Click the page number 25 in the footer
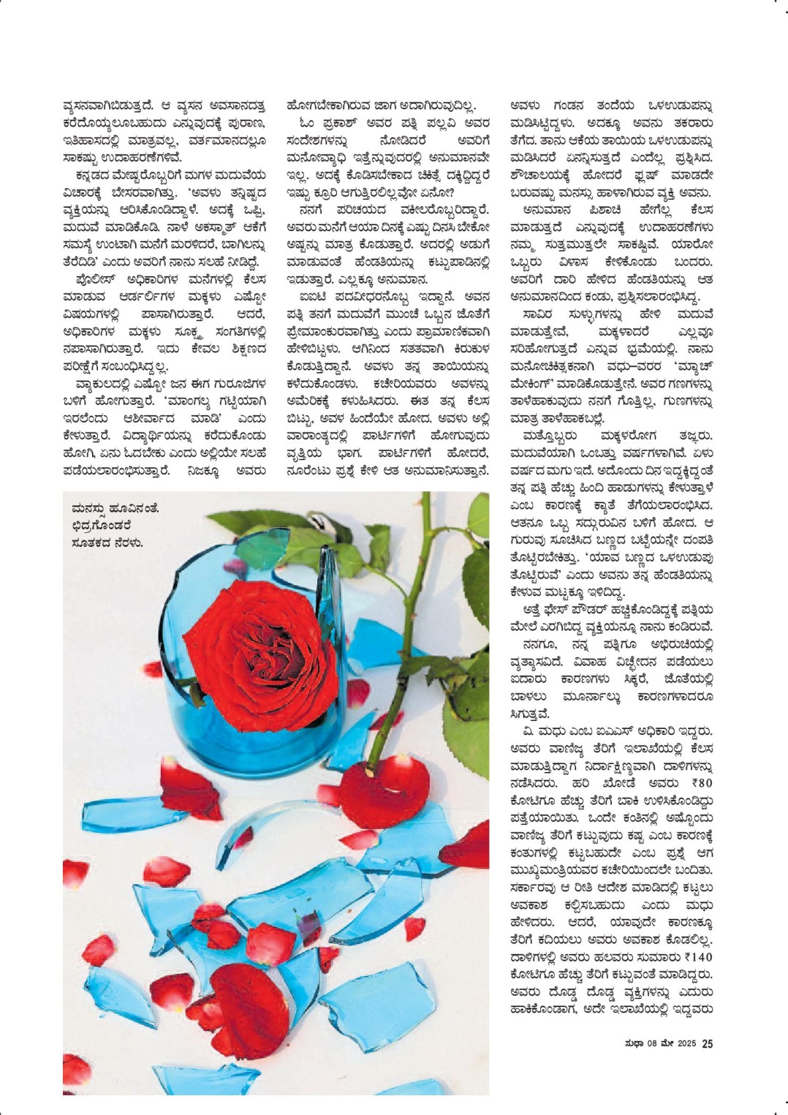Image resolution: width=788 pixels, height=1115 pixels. tap(707, 1043)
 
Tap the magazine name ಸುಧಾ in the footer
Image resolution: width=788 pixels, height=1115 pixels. tap(633, 1043)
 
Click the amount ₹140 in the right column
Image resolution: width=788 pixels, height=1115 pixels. tap(699, 957)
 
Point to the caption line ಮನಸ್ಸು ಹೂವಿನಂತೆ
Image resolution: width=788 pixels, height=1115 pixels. tap(115, 508)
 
